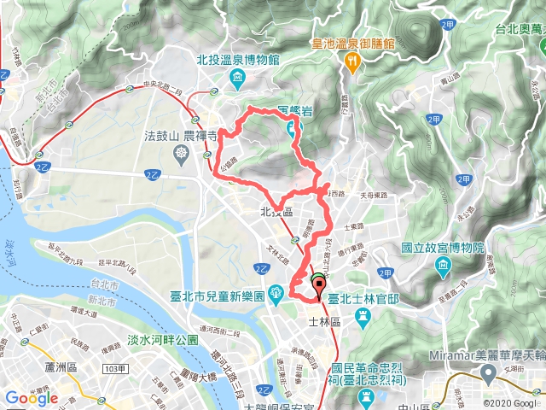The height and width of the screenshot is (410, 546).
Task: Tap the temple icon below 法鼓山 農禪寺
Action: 182,154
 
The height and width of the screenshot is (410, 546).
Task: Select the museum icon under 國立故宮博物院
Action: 444,267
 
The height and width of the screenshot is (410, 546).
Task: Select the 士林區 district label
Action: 324,322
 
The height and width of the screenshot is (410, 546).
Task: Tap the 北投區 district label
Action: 276,211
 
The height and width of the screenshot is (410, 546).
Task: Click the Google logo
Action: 32,398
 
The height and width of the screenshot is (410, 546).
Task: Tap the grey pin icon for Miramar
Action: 489,372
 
